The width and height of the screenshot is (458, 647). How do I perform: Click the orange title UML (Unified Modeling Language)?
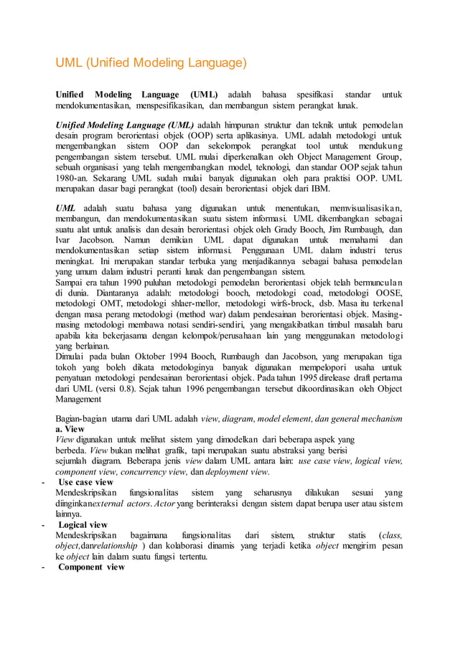click(x=151, y=63)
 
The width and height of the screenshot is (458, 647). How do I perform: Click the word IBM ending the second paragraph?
click(x=320, y=189)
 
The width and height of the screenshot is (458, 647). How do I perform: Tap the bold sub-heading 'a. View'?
click(x=70, y=429)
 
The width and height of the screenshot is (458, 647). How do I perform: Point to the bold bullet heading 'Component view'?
click(x=91, y=567)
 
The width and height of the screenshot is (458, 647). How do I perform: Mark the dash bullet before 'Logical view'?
click(x=45, y=525)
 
